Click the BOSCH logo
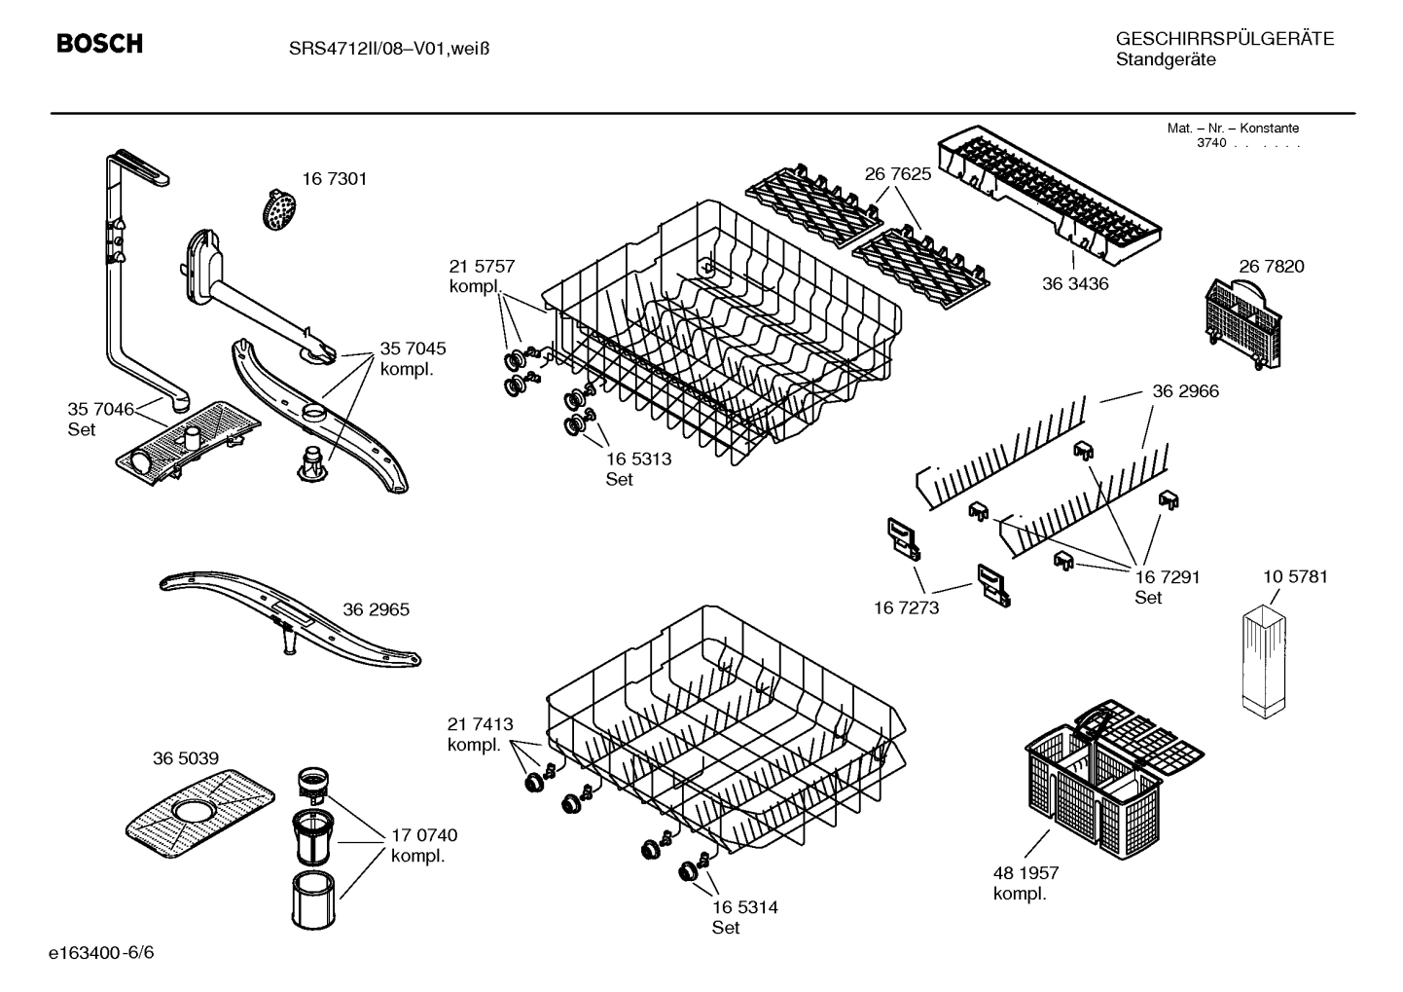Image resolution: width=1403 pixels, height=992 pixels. pyautogui.click(x=99, y=44)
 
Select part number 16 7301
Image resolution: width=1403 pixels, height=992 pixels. pyautogui.click(x=334, y=179)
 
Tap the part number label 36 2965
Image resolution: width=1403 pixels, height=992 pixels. pyautogui.click(x=376, y=610)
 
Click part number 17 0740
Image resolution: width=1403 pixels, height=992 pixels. pyautogui.click(x=423, y=835)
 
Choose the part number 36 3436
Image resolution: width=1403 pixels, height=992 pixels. pyautogui.click(x=1075, y=284)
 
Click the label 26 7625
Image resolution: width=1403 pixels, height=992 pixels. pyautogui.click(x=897, y=174)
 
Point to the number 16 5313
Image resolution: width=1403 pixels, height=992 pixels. pyautogui.click(x=638, y=459)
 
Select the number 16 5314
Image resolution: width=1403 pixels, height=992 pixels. pyautogui.click(x=744, y=907)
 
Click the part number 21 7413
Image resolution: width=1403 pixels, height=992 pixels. pyautogui.click(x=480, y=724)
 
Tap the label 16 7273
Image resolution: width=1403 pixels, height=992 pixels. pyautogui.click(x=907, y=608)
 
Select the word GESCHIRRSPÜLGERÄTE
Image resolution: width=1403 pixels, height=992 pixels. pyautogui.click(x=1224, y=39)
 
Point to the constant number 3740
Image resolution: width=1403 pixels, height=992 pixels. pyautogui.click(x=1210, y=143)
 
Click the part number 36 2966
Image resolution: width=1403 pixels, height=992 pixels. pyautogui.click(x=1185, y=391)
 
